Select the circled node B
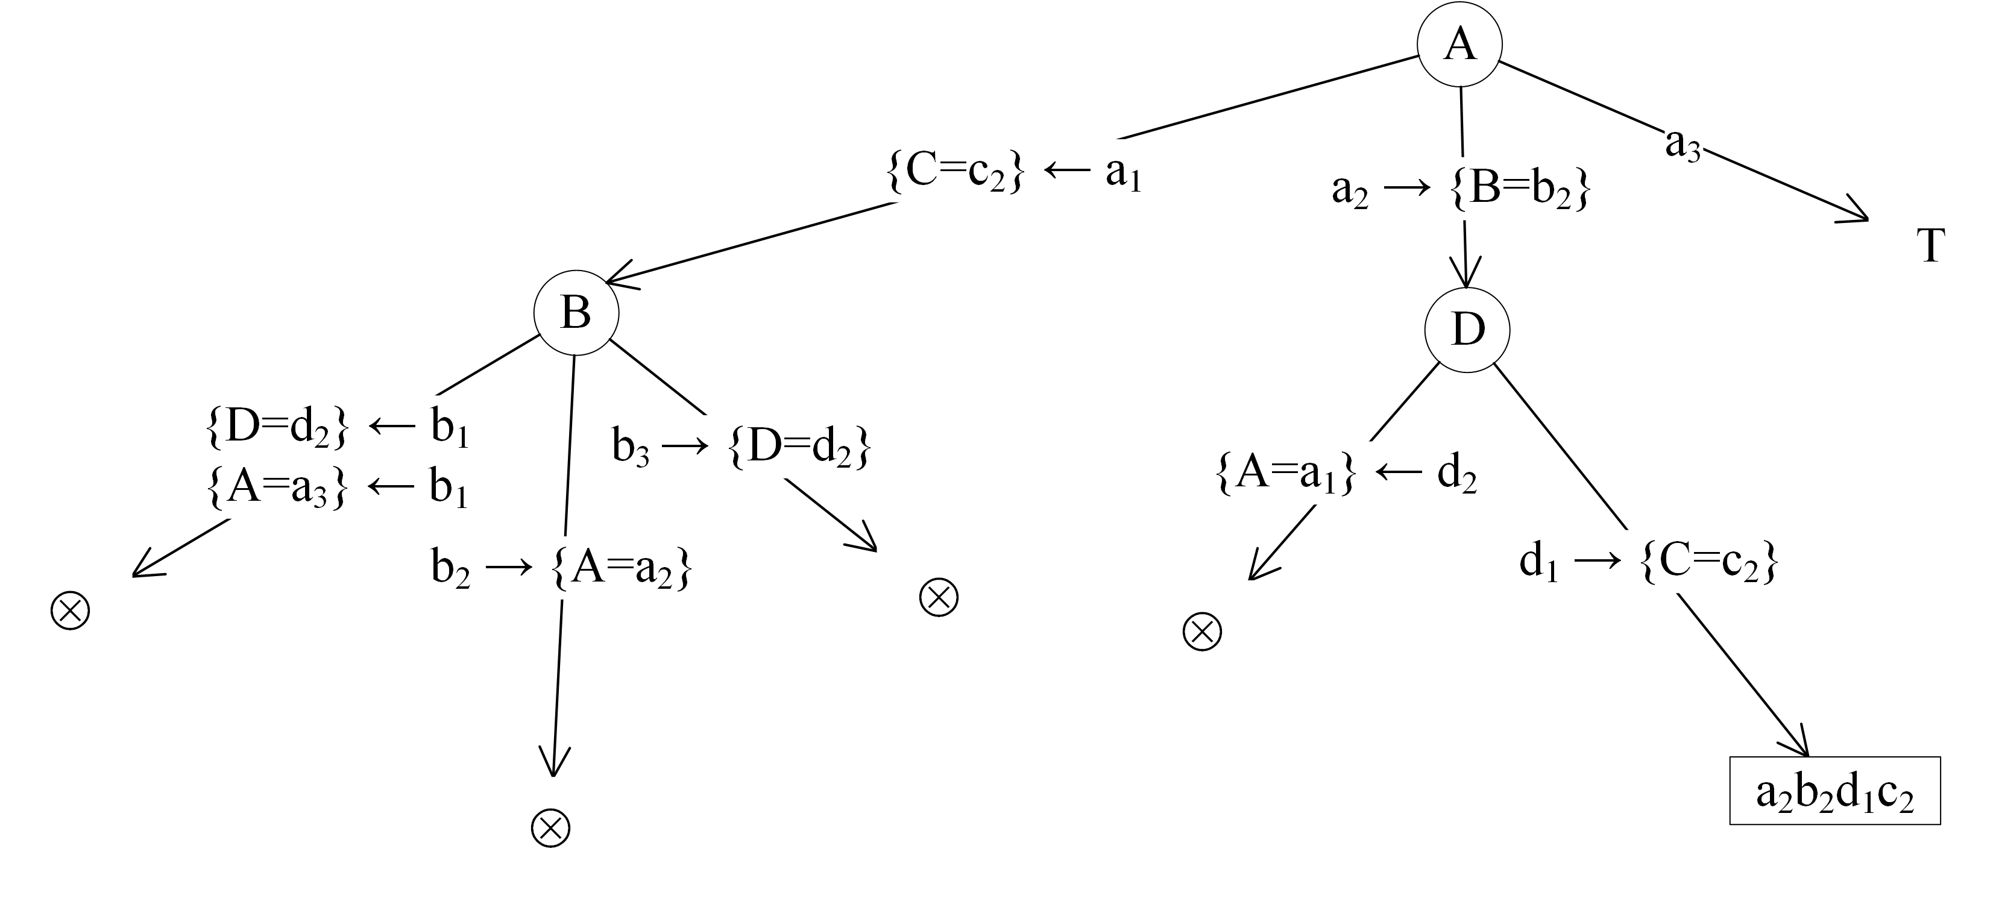[576, 313]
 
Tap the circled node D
[1467, 330]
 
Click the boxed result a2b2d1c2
[1834, 791]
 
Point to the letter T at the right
[1930, 246]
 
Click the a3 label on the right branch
[1682, 144]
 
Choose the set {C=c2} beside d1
[1708, 563]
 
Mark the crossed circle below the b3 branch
[939, 597]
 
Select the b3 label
[630, 447]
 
